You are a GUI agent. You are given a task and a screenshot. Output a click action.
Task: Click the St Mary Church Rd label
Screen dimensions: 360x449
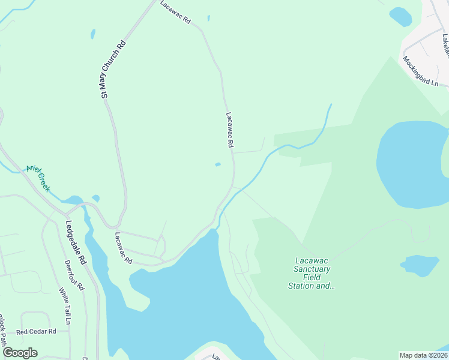[113, 69]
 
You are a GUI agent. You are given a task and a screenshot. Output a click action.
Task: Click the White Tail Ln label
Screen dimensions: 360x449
[64, 306]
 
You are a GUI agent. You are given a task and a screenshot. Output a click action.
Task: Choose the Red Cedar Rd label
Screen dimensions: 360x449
[36, 331]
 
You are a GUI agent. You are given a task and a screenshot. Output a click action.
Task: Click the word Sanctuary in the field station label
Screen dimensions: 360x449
[312, 269]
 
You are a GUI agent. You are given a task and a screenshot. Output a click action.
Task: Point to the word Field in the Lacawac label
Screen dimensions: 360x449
[300, 277]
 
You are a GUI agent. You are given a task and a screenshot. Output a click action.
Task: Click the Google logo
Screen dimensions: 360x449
[20, 353]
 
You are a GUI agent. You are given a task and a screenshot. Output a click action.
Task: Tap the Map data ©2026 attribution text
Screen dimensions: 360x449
[424, 355]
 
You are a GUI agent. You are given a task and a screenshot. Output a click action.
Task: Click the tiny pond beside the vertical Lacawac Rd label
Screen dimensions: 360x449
[217, 164]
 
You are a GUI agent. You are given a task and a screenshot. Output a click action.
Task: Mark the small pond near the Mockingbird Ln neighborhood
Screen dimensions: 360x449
[400, 16]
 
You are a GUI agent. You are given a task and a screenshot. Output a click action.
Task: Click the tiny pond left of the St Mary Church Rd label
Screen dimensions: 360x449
[93, 34]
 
